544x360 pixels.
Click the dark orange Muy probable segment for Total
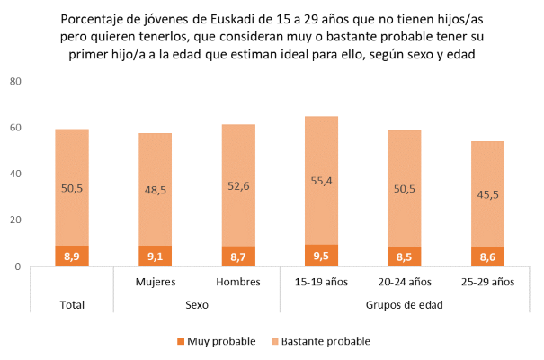(72, 256)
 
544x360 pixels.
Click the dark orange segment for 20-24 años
(405, 256)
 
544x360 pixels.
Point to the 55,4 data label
(322, 182)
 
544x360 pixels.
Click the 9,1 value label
(155, 256)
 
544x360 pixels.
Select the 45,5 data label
(488, 193)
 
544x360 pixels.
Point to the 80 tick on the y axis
(15, 81)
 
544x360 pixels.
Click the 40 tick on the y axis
(15, 174)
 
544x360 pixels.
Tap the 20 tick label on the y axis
(15, 220)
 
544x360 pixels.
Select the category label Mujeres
(155, 282)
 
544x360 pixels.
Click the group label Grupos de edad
(405, 304)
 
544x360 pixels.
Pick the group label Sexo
(197, 304)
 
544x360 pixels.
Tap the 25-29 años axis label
(488, 282)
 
